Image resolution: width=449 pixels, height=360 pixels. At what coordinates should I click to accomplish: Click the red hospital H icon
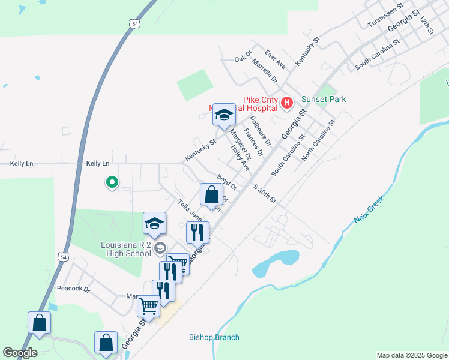(286, 103)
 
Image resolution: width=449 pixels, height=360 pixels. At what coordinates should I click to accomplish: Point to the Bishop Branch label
(214, 337)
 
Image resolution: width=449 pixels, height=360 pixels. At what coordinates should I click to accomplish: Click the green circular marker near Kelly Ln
(111, 182)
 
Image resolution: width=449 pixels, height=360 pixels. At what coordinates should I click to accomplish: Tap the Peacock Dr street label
(73, 289)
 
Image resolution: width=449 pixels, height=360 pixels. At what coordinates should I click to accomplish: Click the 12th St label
(426, 25)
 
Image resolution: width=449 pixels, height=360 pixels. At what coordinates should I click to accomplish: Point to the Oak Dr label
(242, 58)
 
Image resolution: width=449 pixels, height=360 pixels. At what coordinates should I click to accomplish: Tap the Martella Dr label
(264, 71)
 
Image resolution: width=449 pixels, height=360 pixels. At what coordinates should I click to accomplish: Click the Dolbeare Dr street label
(261, 128)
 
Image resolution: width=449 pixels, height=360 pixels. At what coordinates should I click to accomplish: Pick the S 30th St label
(264, 194)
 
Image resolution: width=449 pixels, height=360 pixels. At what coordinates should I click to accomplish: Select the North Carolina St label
(318, 140)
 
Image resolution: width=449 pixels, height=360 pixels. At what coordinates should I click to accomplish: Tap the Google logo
(20, 353)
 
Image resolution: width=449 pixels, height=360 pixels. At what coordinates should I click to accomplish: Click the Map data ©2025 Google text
(411, 355)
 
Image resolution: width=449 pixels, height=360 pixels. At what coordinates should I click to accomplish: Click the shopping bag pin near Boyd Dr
(211, 196)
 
